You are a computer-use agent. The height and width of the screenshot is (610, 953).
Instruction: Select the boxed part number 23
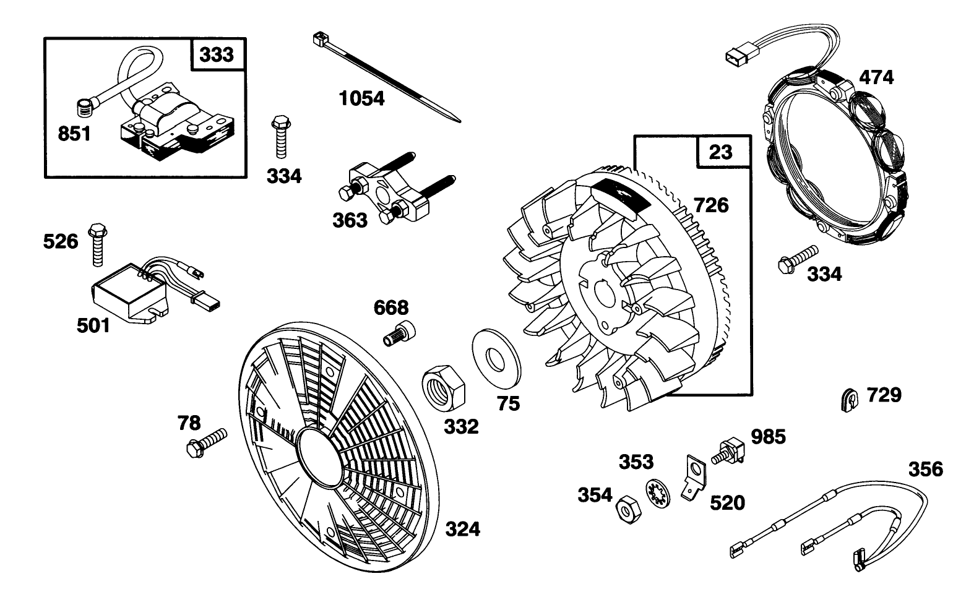(x=720, y=152)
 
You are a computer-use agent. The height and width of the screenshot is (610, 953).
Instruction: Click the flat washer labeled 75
(x=494, y=358)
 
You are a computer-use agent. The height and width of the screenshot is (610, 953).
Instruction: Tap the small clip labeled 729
(x=852, y=398)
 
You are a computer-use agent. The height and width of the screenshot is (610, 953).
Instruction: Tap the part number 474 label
(x=876, y=78)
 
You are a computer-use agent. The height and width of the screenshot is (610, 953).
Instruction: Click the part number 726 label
(x=710, y=205)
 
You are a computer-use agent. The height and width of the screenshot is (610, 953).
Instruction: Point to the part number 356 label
(x=925, y=469)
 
